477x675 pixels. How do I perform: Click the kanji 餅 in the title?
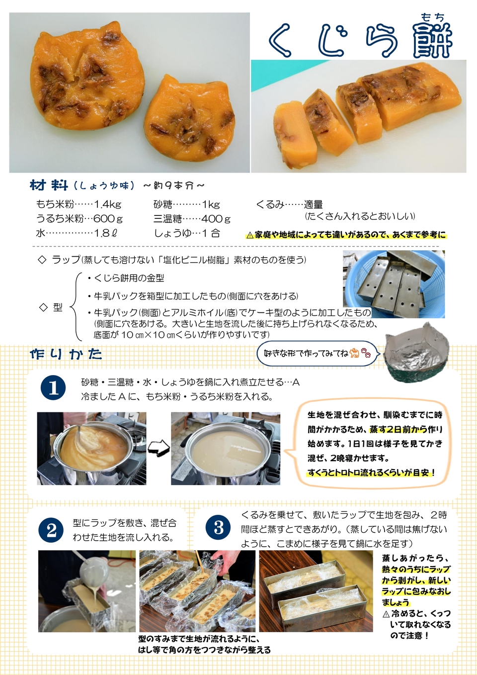tap(432, 41)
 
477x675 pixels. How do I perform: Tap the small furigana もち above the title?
tap(432, 17)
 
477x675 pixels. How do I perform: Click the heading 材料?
tap(49, 186)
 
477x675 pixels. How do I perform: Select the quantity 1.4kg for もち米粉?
tap(108, 204)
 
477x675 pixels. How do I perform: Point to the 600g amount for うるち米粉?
tap(108, 219)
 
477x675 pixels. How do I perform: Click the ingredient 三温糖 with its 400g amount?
tap(192, 219)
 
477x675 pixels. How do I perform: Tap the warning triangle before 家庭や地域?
tap(250, 235)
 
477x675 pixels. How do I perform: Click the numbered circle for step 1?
tap(53, 388)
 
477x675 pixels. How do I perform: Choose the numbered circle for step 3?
tap(219, 528)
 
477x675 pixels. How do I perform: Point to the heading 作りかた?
tap(66, 354)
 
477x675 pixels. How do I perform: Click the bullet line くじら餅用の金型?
tap(129, 278)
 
